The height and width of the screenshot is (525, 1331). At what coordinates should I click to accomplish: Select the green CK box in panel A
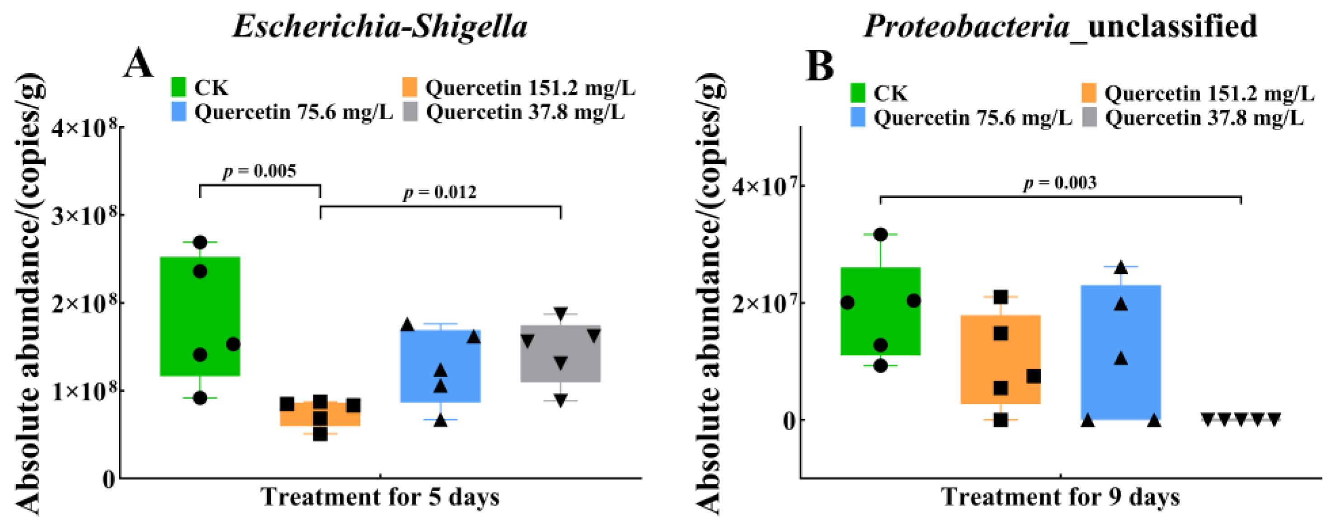point(200,316)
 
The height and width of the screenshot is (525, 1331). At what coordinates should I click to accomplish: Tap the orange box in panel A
point(320,413)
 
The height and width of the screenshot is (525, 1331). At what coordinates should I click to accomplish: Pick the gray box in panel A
point(560,353)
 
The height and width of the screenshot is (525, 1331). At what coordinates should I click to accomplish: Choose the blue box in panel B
point(1121,352)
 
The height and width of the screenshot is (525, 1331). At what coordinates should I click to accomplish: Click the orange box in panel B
point(1001,359)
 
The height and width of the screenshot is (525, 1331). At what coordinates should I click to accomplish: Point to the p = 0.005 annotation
point(260,171)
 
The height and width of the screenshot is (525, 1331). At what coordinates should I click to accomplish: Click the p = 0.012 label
point(440,192)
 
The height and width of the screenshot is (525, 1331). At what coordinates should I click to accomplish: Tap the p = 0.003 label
point(1060,183)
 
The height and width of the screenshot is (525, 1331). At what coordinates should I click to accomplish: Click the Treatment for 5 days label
point(380,497)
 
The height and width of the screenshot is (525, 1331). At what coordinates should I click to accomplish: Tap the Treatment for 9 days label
point(1060,497)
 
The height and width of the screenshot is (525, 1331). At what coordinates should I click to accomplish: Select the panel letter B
point(820,66)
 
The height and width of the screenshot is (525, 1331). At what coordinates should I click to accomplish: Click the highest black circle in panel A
point(200,242)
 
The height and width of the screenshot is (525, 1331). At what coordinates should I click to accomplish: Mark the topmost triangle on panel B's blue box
point(1121,267)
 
